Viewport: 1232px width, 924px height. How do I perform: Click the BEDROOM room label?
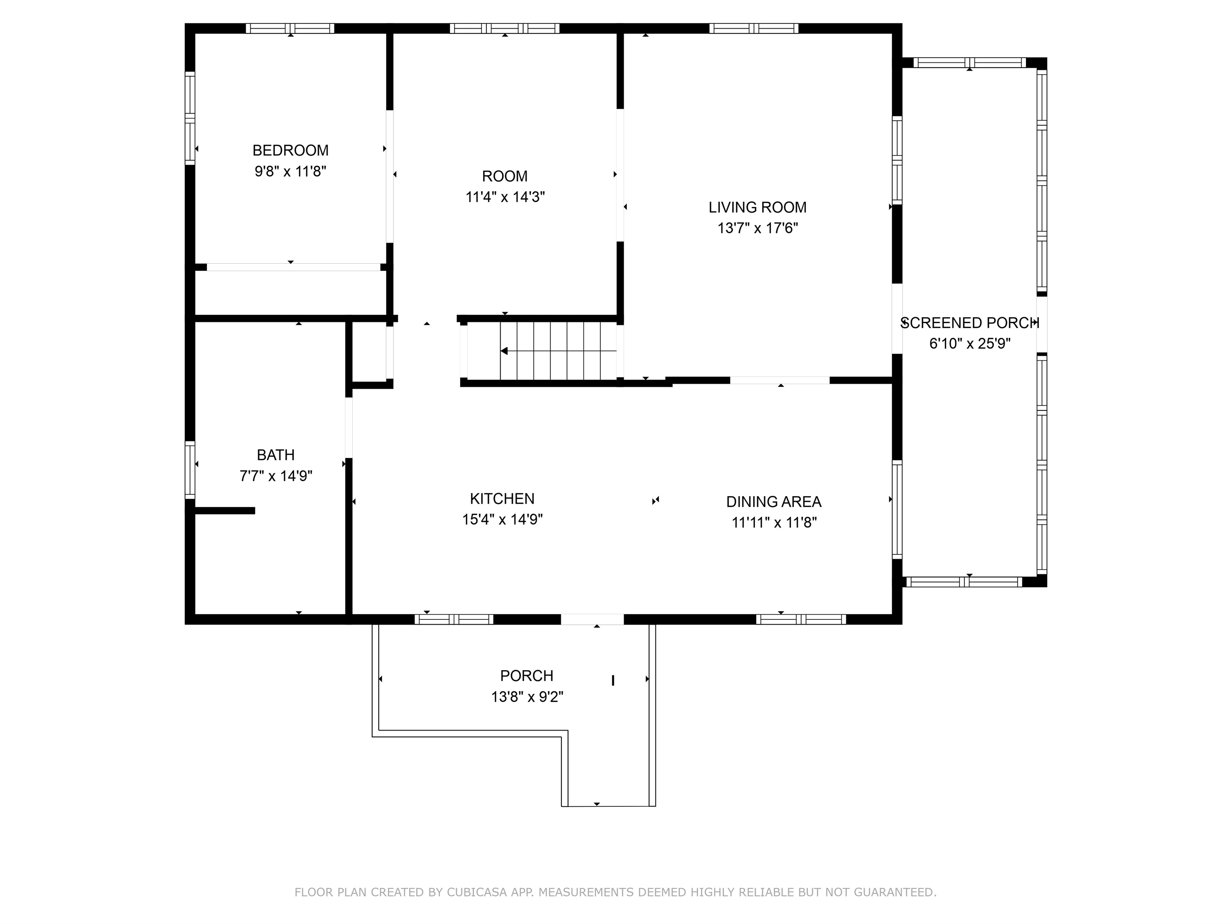[x=290, y=151]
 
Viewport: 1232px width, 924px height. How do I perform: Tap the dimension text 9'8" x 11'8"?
[x=290, y=171]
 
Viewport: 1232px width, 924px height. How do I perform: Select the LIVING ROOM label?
[x=757, y=207]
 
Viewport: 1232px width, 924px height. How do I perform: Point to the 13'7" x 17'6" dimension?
[x=757, y=228]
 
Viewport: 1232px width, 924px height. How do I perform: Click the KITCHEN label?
[x=502, y=498]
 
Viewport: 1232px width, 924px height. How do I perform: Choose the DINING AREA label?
[x=773, y=502]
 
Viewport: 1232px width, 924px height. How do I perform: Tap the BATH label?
[x=276, y=455]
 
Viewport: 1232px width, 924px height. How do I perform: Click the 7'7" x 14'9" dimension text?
[x=276, y=475]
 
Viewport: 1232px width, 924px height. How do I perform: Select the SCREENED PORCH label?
[x=970, y=323]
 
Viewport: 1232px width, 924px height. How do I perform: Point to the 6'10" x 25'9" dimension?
[x=970, y=344]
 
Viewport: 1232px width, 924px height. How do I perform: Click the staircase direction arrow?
[x=559, y=351]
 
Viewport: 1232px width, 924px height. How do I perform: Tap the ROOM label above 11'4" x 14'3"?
[x=505, y=176]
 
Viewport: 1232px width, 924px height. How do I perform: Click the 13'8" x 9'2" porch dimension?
[x=527, y=697]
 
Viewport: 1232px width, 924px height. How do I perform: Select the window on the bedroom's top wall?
[x=290, y=28]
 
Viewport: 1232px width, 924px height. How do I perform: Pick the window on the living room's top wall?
[x=754, y=28]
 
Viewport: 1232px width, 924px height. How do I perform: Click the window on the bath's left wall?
[x=190, y=469]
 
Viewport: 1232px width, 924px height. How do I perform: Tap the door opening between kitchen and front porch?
[x=592, y=619]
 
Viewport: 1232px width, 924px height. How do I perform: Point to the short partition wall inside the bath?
[x=224, y=511]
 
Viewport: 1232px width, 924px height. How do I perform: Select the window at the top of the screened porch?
[x=969, y=63]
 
